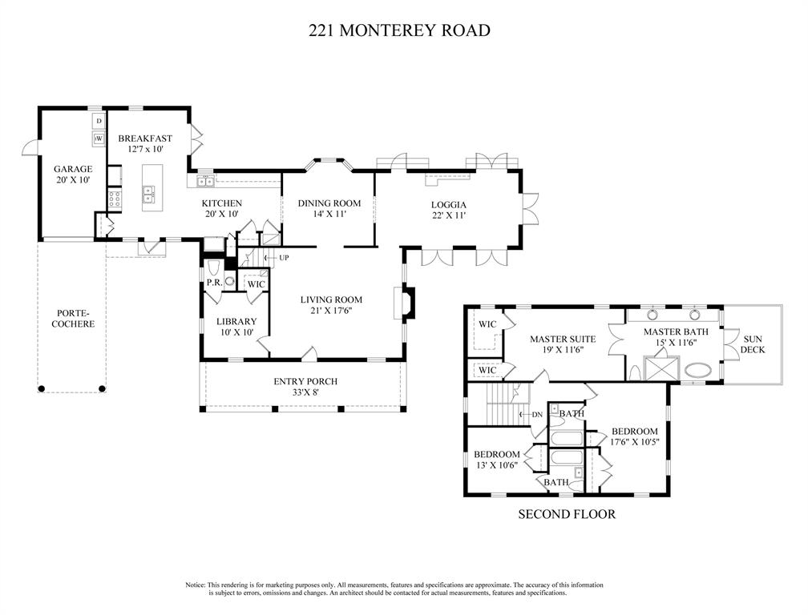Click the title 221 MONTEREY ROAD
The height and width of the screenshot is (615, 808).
399,31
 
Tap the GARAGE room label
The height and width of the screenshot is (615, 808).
73,169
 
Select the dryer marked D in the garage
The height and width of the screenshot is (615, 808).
99,121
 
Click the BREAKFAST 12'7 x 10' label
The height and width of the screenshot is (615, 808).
145,144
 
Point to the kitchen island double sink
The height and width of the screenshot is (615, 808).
149,192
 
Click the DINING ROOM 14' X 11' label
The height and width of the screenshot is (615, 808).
329,209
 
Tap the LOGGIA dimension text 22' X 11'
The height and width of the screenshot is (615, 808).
448,215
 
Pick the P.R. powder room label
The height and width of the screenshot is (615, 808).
214,283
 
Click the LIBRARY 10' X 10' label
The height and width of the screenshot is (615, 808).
236,327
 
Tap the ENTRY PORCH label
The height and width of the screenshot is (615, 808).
305,382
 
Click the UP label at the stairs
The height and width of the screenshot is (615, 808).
284,257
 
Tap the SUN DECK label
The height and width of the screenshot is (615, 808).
753,344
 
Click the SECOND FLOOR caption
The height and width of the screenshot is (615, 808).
567,514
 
